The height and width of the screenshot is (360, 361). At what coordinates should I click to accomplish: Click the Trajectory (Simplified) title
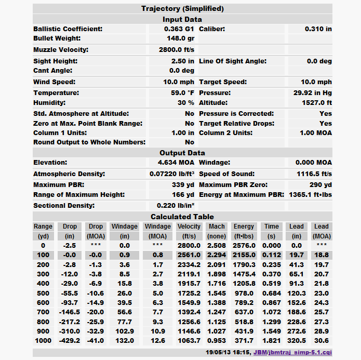click(182, 8)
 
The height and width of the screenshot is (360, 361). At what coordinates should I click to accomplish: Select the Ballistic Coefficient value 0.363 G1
click(179, 29)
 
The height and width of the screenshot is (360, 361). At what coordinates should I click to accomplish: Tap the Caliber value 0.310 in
click(318, 29)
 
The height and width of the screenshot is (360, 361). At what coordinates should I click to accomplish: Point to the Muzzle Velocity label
click(61, 50)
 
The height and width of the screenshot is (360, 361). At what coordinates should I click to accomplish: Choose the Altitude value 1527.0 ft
click(315, 103)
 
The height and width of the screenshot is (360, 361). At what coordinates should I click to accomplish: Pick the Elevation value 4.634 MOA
click(176, 163)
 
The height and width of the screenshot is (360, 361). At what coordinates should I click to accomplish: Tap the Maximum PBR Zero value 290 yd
click(322, 185)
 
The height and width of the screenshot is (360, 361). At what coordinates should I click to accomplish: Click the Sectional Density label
click(64, 206)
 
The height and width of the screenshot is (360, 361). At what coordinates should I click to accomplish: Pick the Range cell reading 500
click(43, 294)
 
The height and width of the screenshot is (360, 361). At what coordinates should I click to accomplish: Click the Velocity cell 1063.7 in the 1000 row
click(189, 340)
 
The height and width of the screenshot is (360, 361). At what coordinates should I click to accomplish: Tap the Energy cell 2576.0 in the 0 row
click(244, 246)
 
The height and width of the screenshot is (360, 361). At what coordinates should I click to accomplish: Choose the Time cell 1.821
click(271, 340)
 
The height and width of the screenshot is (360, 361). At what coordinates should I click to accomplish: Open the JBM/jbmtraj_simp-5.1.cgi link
click(292, 352)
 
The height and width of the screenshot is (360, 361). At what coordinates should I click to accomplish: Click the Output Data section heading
click(182, 153)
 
